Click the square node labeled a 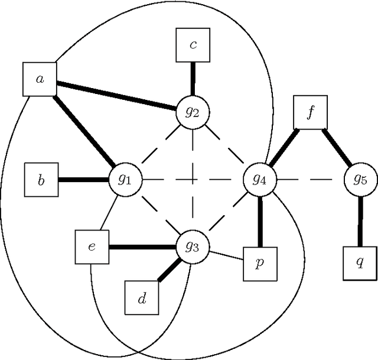[x=40, y=78]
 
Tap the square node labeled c [x=193, y=46]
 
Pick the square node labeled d [x=142, y=298]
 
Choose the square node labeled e [x=92, y=247]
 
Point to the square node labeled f [x=310, y=112]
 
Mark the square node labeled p [x=260, y=264]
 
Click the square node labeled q [x=360, y=264]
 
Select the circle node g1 [x=125, y=179]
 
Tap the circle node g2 [x=193, y=111]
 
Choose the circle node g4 [x=260, y=179]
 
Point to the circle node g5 [x=360, y=179]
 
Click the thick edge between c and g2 [x=193, y=79]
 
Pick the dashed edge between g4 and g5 [x=310, y=179]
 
